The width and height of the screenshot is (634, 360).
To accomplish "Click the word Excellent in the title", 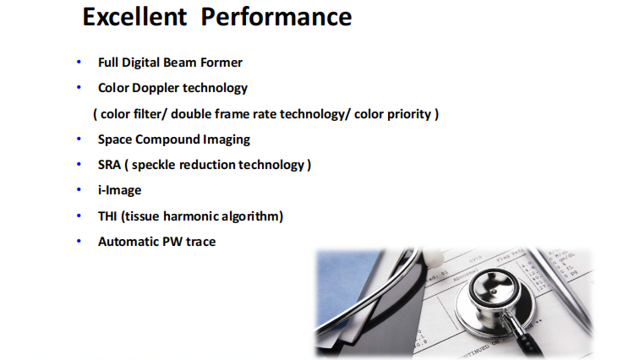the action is (x=134, y=17).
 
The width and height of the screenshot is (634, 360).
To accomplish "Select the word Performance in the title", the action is (x=276, y=17).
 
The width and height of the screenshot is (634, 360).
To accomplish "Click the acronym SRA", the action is (x=109, y=165).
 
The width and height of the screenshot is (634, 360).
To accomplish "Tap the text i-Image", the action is (x=120, y=190).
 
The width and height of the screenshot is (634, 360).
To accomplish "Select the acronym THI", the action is (x=107, y=216).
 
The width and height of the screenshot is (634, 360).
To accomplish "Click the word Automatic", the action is (x=128, y=242).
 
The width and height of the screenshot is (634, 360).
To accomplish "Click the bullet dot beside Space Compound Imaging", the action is (x=79, y=139).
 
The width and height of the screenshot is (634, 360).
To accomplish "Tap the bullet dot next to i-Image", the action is (x=79, y=189).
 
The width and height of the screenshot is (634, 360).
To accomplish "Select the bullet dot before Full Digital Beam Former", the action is (x=79, y=62).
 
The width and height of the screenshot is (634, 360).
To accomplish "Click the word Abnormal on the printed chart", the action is (x=466, y=275).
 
